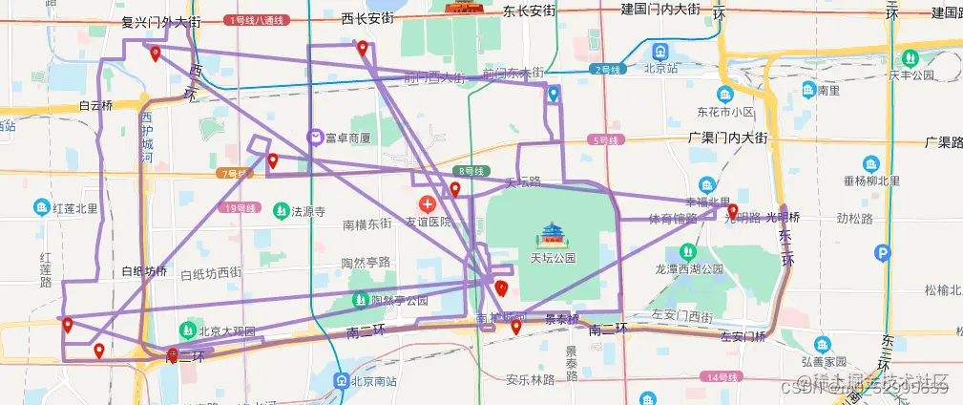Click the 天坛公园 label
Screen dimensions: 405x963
coord(554,257)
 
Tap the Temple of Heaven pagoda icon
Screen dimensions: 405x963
coord(554,234)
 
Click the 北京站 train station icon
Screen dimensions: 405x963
coord(660,50)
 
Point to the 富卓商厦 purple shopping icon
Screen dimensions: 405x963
coord(315,138)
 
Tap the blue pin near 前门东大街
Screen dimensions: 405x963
coord(554,94)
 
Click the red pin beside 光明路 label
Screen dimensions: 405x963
coord(733,211)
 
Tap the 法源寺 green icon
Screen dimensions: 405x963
coord(281,210)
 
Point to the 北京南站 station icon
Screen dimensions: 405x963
coord(341,380)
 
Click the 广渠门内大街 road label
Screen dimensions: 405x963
coord(727,139)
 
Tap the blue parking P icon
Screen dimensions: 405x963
coord(884,253)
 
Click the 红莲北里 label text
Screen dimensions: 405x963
coord(75,207)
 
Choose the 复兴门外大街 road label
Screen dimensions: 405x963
coord(161,20)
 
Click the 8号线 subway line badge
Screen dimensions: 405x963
coord(471,170)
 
